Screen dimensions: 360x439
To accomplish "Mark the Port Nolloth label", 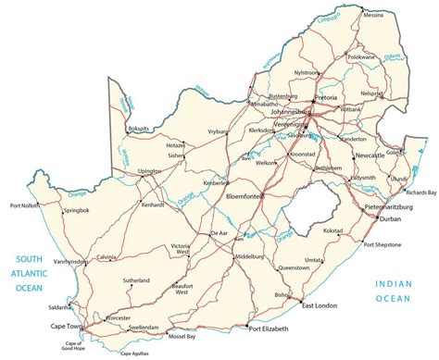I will coord(25,205).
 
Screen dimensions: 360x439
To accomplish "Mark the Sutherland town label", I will coord(135,279).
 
